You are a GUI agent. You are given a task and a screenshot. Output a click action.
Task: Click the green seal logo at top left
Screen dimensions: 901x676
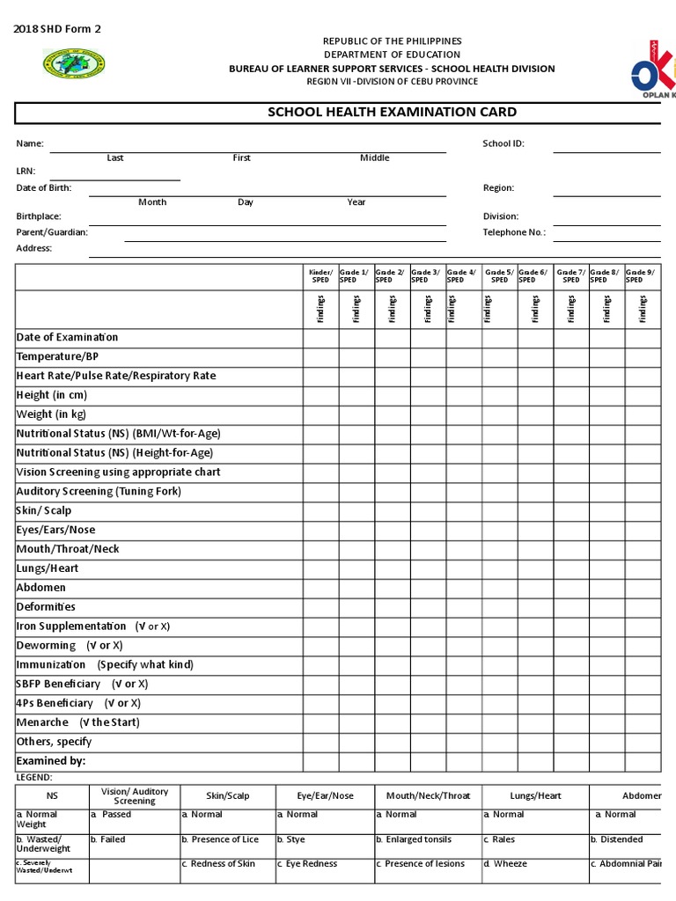click(x=74, y=63)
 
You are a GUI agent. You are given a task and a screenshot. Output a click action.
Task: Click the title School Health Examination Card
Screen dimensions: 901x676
click(x=392, y=113)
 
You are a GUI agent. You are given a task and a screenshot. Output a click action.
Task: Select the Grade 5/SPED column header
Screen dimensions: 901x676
click(x=499, y=276)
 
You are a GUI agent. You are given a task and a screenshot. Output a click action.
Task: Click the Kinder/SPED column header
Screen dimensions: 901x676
click(x=320, y=276)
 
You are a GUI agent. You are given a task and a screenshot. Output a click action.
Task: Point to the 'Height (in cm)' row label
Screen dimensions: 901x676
click(x=51, y=395)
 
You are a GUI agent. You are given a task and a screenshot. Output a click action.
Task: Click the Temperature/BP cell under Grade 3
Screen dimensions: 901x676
click(x=428, y=356)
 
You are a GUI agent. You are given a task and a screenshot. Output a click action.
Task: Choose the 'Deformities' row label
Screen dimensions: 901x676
click(x=46, y=607)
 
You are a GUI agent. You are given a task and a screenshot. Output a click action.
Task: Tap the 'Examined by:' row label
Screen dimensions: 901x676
click(x=51, y=761)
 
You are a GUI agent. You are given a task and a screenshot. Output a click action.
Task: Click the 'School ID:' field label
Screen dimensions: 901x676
click(x=503, y=143)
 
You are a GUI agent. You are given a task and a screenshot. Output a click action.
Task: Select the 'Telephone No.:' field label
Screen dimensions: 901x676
click(x=514, y=232)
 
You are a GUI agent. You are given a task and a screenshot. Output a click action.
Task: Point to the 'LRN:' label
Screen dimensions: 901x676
click(x=26, y=172)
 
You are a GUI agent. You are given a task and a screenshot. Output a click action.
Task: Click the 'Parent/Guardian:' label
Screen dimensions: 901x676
click(x=52, y=232)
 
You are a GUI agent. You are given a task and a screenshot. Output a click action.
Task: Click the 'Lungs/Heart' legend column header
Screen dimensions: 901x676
click(x=535, y=795)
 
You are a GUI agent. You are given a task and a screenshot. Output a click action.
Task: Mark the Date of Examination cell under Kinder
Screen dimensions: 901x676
click(x=320, y=338)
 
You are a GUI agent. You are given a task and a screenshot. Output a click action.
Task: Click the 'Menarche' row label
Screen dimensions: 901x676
click(x=42, y=722)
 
